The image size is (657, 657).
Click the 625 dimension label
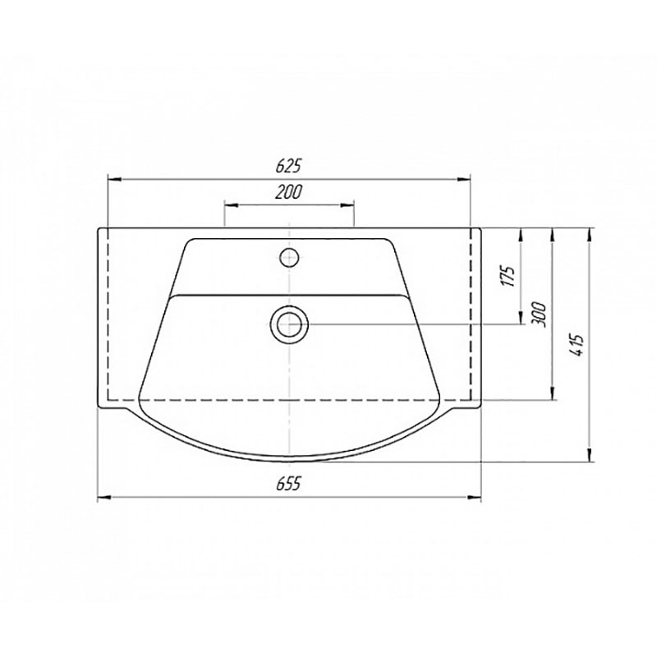click(x=289, y=166)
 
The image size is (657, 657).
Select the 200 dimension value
click(x=289, y=192)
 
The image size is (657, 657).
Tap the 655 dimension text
click(x=289, y=485)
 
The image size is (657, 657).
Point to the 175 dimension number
click(x=508, y=276)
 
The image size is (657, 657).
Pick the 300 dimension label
click(x=540, y=315)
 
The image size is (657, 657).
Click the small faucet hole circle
click(x=289, y=257)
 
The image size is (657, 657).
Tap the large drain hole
click(x=289, y=324)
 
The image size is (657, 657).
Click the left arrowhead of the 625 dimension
click(x=115, y=179)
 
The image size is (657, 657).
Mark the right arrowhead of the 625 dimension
click(x=463, y=179)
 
